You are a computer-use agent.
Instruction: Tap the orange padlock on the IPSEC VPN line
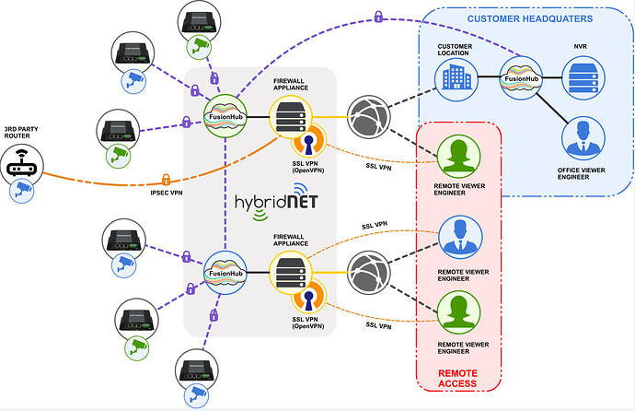coord(167,179)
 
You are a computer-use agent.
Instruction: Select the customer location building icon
coord(456,78)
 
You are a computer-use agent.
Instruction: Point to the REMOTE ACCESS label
coord(457,376)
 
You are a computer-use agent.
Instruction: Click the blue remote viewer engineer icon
coord(457,237)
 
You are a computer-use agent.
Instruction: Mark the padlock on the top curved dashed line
coord(377,16)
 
